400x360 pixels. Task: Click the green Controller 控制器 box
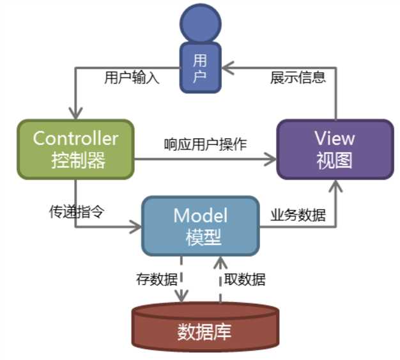[x=75, y=148]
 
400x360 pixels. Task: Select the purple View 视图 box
[x=334, y=149]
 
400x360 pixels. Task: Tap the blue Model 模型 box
[x=201, y=225]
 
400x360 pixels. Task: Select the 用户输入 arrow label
[x=131, y=78]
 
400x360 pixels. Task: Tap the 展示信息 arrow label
[x=298, y=78]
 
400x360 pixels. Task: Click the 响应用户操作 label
[x=204, y=144]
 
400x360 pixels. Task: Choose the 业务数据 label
[x=298, y=215]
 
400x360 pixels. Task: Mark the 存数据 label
[x=154, y=279]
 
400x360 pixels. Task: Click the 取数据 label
[x=245, y=279]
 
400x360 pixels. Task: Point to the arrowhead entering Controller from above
[x=75, y=112]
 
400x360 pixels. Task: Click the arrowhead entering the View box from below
[x=334, y=185]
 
